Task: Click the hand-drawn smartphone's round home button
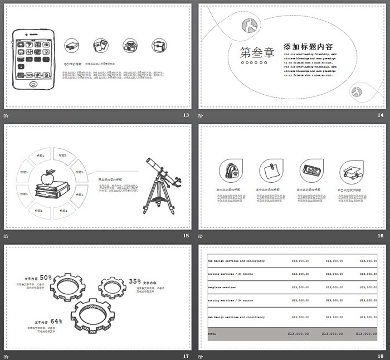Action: (x=32, y=85)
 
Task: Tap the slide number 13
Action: (x=186, y=115)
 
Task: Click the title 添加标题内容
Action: (x=308, y=47)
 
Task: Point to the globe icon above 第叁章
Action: (x=248, y=25)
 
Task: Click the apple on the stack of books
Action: (x=50, y=176)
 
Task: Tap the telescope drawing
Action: (x=160, y=184)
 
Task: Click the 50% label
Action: (x=46, y=277)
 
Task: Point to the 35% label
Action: (x=135, y=281)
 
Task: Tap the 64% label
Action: (x=56, y=321)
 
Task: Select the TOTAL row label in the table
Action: (x=212, y=333)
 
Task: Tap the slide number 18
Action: (x=381, y=356)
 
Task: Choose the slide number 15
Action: (x=186, y=236)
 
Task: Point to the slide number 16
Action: (x=381, y=236)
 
